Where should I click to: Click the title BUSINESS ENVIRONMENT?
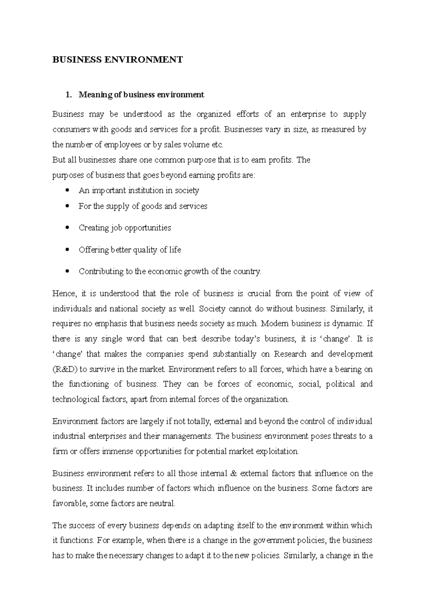(118, 60)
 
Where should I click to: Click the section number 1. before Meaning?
(68, 95)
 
